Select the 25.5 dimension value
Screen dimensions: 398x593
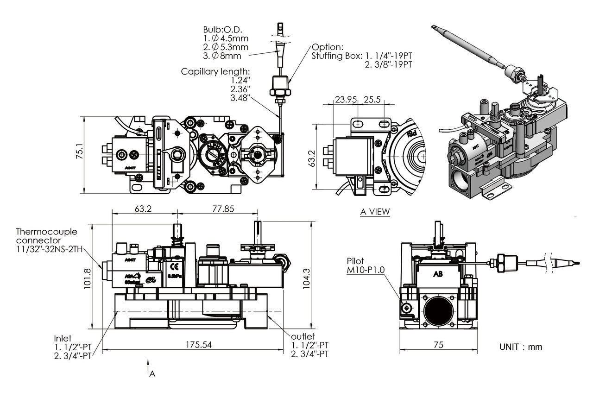click(x=372, y=99)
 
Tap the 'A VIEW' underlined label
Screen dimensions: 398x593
click(x=375, y=212)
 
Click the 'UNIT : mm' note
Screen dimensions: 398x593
click(x=520, y=347)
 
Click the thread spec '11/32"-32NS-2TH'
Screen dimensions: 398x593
click(x=52, y=250)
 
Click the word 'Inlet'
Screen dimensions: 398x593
click(x=63, y=338)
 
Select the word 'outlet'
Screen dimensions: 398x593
click(x=303, y=336)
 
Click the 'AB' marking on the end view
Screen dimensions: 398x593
click(x=438, y=273)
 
